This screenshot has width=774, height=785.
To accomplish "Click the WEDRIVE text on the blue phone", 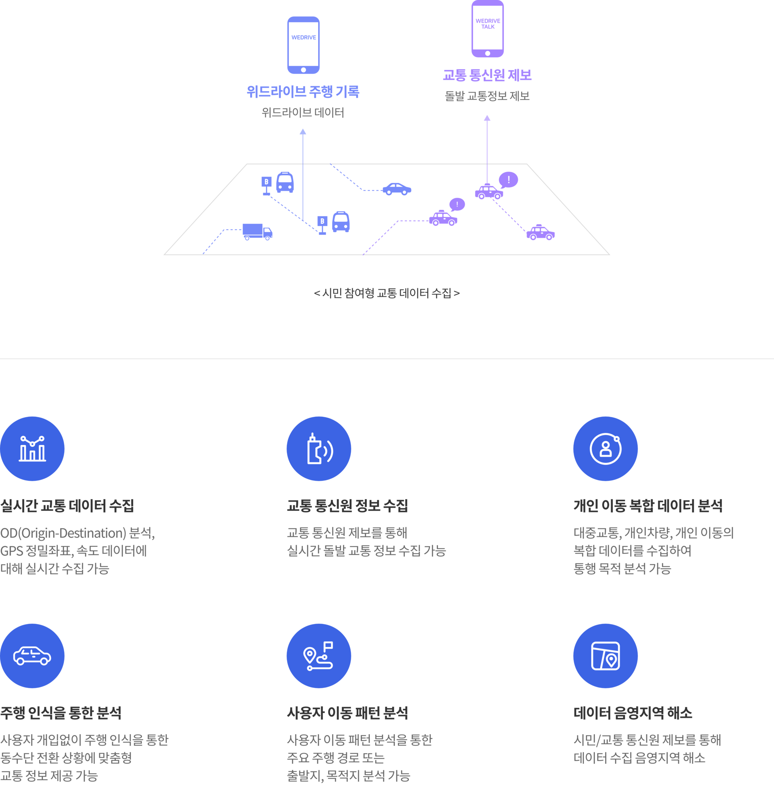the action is pyautogui.click(x=304, y=37).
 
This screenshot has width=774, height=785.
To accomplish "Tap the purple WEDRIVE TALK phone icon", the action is pyautogui.click(x=487, y=29).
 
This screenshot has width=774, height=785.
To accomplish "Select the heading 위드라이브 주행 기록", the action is pyautogui.click(x=303, y=92).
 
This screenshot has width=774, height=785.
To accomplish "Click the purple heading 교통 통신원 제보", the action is pyautogui.click(x=487, y=75).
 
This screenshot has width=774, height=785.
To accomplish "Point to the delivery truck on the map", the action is pyautogui.click(x=258, y=232).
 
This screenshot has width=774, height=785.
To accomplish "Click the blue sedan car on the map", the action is pyautogui.click(x=397, y=189).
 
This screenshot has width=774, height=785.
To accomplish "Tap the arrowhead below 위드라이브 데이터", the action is pyautogui.click(x=303, y=132).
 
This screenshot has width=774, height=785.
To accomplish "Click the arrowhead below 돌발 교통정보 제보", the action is pyautogui.click(x=487, y=118).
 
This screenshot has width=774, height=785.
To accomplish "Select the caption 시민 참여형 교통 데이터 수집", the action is pyautogui.click(x=387, y=293).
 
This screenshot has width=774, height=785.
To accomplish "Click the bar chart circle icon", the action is pyautogui.click(x=32, y=449).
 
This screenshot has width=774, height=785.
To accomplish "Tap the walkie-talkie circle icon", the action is pyautogui.click(x=319, y=449).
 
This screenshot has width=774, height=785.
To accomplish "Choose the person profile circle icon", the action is pyautogui.click(x=605, y=449).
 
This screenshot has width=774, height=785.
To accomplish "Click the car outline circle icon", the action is pyautogui.click(x=32, y=656).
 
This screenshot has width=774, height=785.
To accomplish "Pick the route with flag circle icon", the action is pyautogui.click(x=319, y=656).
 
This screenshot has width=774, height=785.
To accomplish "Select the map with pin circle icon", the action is pyautogui.click(x=605, y=656).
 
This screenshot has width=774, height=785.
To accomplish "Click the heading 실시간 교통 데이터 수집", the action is pyautogui.click(x=67, y=506).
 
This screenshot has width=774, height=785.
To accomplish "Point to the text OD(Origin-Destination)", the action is pyautogui.click(x=63, y=533).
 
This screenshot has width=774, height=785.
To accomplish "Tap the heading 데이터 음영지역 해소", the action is pyautogui.click(x=633, y=713).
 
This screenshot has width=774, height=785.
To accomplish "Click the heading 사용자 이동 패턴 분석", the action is pyautogui.click(x=347, y=713).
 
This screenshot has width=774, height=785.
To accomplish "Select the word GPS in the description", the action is pyautogui.click(x=11, y=551).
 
